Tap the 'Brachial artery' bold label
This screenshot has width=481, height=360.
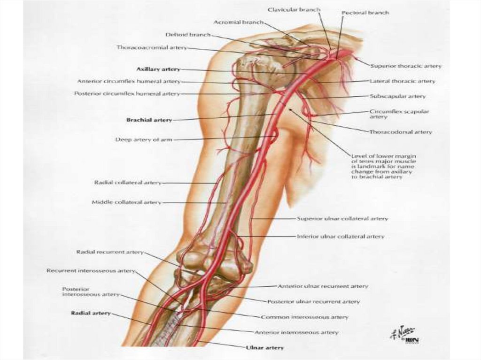click(x=149, y=120)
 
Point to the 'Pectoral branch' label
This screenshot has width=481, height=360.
click(x=365, y=13)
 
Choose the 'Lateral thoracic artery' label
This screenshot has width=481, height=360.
click(x=402, y=81)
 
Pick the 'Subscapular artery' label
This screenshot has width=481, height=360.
click(x=397, y=96)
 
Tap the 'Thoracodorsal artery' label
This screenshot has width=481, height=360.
click(x=400, y=132)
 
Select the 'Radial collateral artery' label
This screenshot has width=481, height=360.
click(x=128, y=183)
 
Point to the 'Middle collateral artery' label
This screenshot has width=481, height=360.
click(x=126, y=202)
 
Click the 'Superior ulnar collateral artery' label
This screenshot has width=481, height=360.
click(x=342, y=219)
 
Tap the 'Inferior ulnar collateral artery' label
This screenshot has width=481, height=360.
click(x=340, y=237)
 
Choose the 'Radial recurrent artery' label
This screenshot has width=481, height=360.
click(x=109, y=252)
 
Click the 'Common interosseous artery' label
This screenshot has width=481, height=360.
click(x=304, y=317)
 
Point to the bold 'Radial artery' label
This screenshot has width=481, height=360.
click(x=91, y=313)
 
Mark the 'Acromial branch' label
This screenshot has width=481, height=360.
click(x=238, y=23)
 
